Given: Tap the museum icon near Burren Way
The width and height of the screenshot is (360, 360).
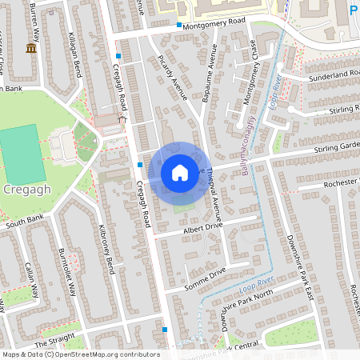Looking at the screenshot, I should pos(31,48).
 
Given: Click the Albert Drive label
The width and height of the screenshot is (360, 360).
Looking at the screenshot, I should pos(202,227).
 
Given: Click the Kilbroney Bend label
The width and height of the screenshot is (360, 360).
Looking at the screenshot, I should pos(105,249).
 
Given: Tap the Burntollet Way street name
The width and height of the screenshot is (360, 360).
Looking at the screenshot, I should pos(66,273).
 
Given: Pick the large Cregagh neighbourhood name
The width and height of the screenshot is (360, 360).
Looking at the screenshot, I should pos(28,191).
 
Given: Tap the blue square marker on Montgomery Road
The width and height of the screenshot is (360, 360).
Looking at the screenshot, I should pos(179,25).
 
